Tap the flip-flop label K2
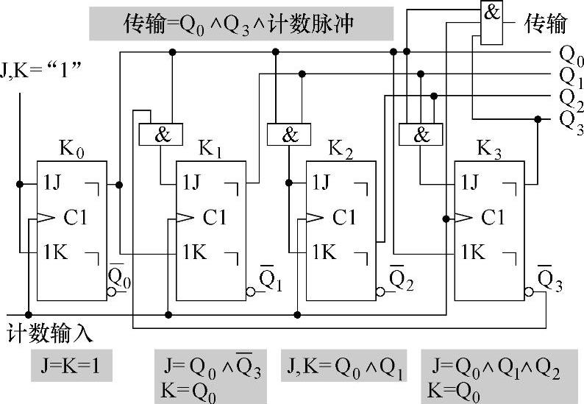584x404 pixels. point(339,151)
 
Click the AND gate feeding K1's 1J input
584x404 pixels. point(160,135)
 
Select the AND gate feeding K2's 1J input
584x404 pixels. point(291,135)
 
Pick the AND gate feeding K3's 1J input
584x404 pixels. point(421,135)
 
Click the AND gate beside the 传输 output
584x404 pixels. point(492,21)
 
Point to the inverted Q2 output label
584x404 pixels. point(402,277)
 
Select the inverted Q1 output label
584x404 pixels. point(271,277)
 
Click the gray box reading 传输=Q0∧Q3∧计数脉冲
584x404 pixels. point(241,24)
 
